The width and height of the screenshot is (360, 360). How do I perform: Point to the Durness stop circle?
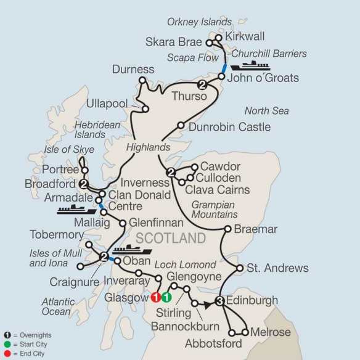(x=142, y=80)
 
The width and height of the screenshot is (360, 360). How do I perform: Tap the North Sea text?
(x=266, y=111)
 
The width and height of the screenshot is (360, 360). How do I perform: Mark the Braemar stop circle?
(x=227, y=229)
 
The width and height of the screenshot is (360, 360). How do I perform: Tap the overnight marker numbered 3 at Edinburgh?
(x=220, y=301)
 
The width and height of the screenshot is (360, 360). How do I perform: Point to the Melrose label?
(x=271, y=332)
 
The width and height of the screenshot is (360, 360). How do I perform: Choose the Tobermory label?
(x=57, y=235)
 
